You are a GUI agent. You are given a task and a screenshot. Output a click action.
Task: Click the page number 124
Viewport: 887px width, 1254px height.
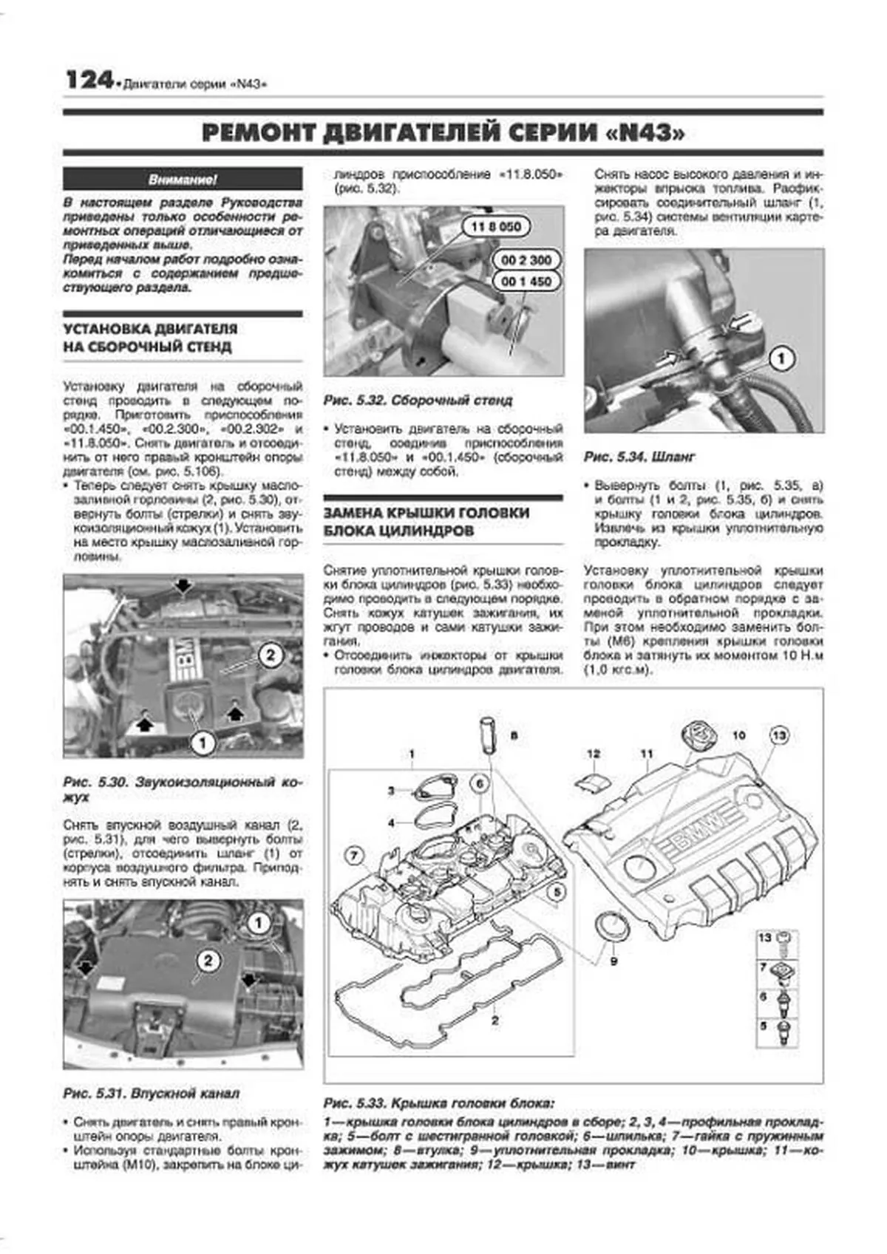pos(89,80)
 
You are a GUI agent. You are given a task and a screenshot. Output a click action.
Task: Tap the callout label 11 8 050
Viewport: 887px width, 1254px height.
pos(495,227)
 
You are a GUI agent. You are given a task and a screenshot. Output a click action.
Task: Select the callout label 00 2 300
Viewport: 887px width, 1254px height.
pos(526,260)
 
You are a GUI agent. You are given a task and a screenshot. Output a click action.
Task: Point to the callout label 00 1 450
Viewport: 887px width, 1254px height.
pos(526,282)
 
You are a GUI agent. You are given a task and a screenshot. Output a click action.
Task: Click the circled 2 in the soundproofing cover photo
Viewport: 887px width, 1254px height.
pos(271,655)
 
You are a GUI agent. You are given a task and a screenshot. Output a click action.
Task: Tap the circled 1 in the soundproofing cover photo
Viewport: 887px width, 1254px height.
pos(203,743)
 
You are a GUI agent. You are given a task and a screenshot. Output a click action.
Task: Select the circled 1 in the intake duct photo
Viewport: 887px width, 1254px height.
pos(259,923)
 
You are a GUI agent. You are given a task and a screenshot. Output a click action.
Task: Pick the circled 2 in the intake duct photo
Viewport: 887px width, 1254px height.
pos(208,961)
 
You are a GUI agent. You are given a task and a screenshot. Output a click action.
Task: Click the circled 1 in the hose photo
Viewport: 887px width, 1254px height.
pos(781,360)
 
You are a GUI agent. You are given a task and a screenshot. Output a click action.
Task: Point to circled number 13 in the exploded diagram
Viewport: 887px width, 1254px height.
pos(779,735)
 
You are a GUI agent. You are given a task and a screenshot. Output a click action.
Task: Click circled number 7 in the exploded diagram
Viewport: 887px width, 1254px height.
pos(355,857)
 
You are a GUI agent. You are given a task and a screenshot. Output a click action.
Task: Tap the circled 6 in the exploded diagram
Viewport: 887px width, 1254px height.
pos(479,783)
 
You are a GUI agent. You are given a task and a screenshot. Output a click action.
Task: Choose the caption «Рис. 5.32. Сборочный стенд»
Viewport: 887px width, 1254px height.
pos(418,401)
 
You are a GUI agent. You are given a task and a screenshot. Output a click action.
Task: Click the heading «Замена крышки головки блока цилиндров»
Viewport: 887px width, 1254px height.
pos(426,522)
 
